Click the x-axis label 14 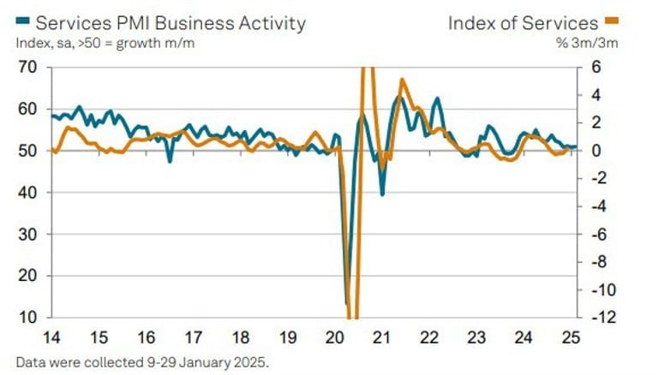coord(51,336)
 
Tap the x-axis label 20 coord(336,336)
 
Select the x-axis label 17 coord(194,336)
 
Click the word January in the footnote coord(201,360)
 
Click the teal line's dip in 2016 coord(170,160)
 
